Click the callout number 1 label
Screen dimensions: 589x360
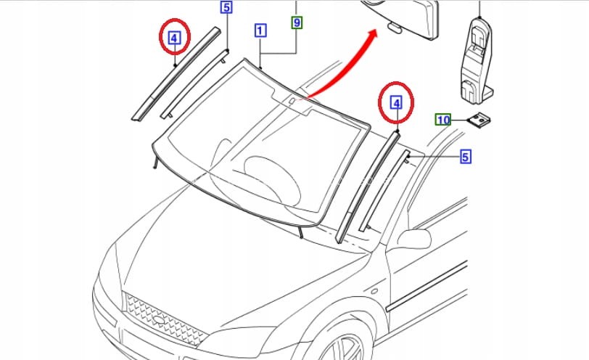tap(260, 30)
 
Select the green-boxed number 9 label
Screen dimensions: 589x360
tap(297, 22)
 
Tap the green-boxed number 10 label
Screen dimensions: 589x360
tap(443, 120)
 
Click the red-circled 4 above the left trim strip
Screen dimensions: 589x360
tap(175, 37)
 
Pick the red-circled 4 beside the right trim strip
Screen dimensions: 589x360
tap(396, 102)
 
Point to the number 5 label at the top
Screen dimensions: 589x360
tap(226, 7)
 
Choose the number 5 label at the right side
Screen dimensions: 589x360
tap(466, 157)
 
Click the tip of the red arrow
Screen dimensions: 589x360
tap(376, 30)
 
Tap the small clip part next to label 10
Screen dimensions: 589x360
tap(479, 120)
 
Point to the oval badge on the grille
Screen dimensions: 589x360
tap(160, 319)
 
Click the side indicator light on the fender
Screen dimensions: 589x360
tap(374, 291)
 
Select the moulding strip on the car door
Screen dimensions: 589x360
tap(427, 287)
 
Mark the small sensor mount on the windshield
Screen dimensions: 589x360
tap(292, 100)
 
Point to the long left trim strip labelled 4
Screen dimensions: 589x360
tap(176, 73)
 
